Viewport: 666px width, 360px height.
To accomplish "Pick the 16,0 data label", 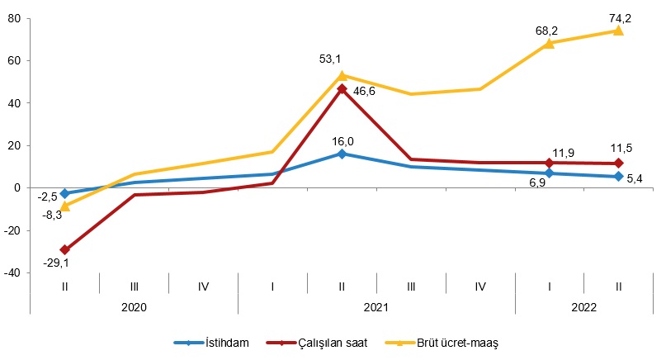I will [342, 141].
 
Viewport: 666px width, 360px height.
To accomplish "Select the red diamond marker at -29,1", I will [64, 249].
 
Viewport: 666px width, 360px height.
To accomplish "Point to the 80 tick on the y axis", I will [13, 18].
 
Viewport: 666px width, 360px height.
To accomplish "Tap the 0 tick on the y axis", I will [17, 188].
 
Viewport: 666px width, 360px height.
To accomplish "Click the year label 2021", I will [376, 306].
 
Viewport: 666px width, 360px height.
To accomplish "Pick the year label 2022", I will [583, 306].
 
